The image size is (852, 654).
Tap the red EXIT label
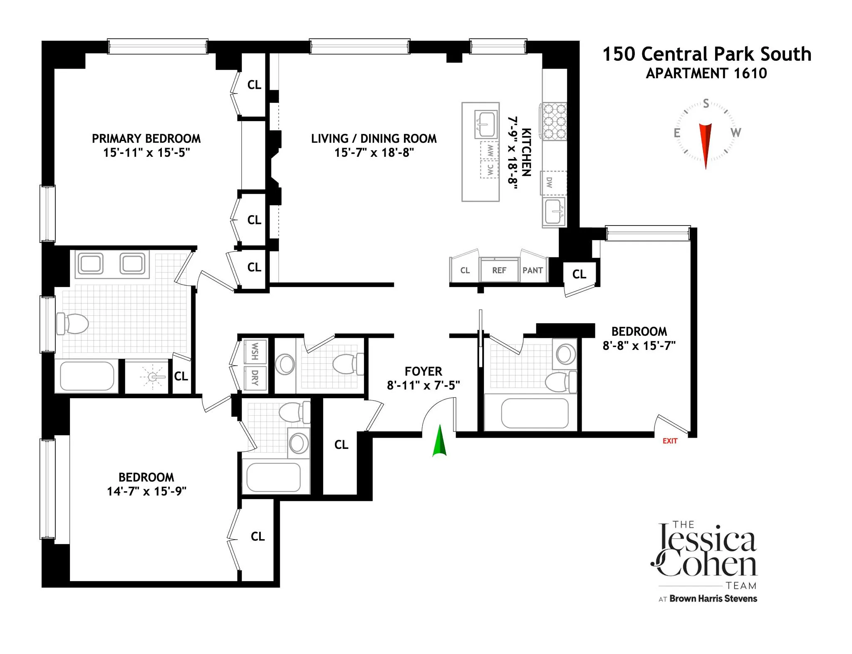670,441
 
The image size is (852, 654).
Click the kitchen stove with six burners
555,122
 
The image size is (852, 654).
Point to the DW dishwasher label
550,183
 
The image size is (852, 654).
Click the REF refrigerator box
499,270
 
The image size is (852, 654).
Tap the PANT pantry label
532,270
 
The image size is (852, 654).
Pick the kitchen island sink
485,124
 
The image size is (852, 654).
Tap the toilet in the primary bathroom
73,324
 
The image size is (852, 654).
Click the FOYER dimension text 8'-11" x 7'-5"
423,385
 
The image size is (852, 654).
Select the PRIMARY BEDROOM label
146,139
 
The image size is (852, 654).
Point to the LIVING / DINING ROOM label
374,139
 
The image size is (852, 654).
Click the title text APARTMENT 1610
706,73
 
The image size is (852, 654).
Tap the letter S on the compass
706,104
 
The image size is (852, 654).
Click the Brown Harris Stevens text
713,599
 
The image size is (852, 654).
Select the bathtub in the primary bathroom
87,376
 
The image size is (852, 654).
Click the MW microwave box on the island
490,151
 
